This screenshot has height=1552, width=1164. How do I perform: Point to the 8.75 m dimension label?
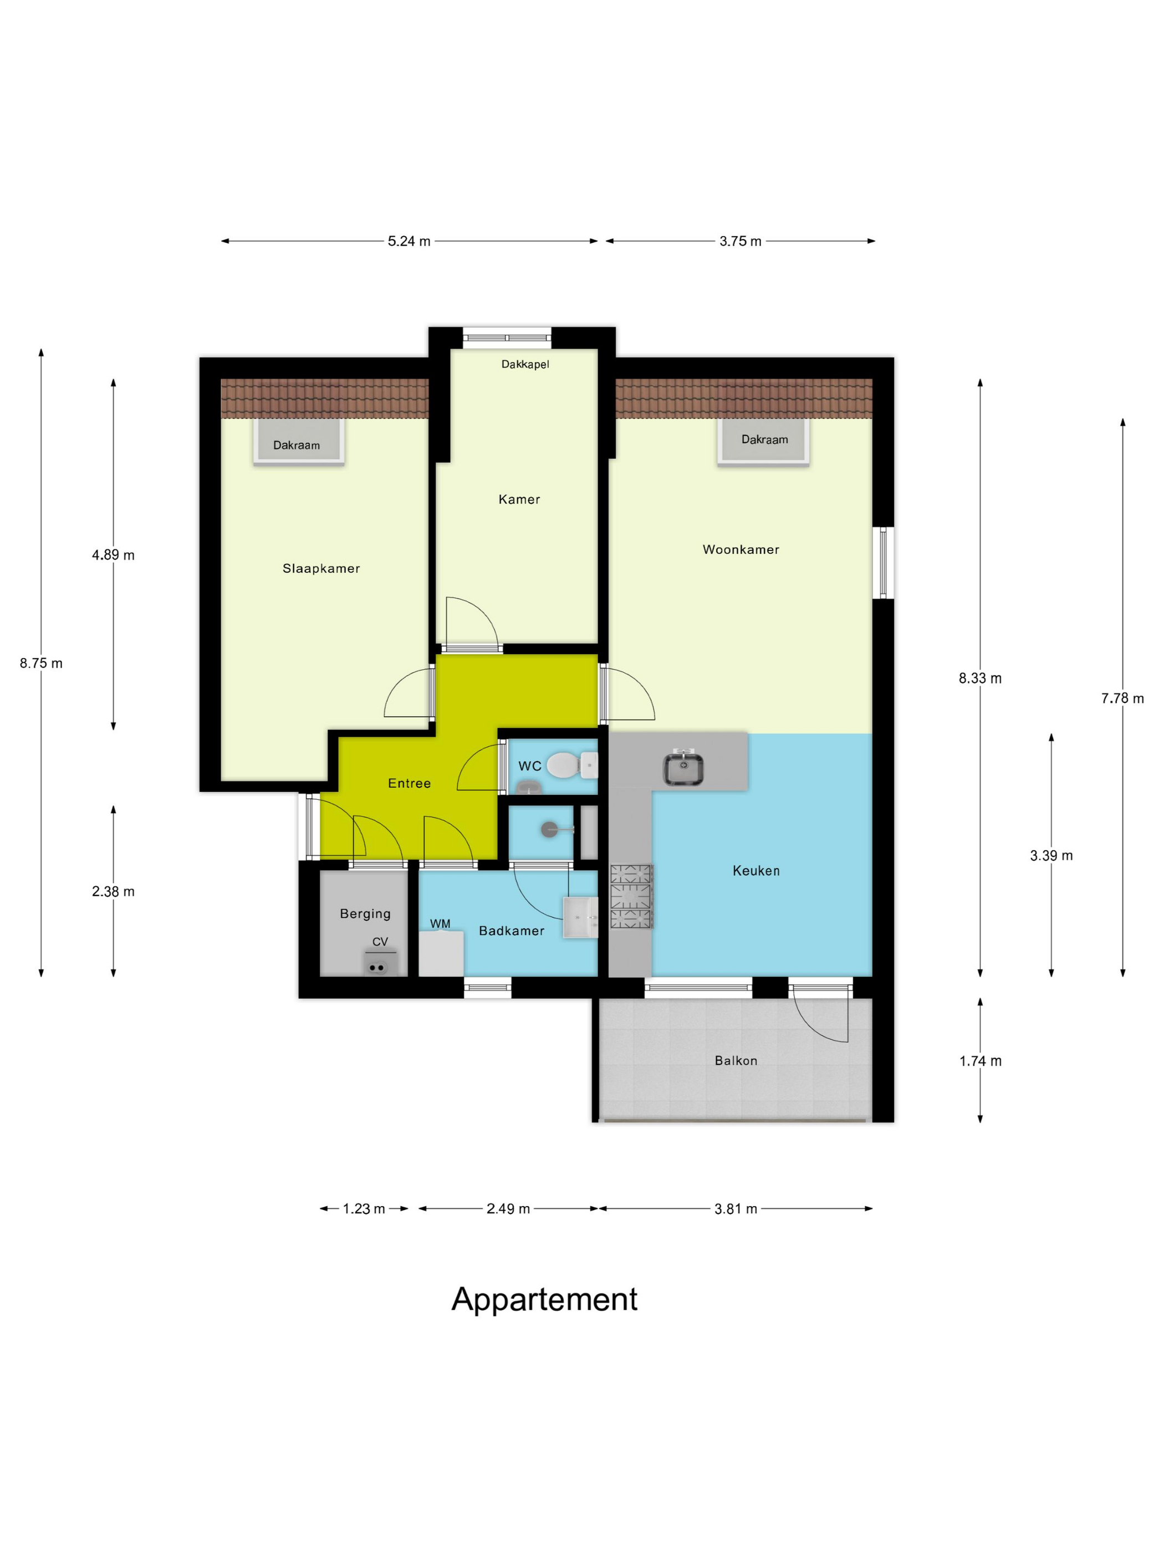pyautogui.click(x=42, y=663)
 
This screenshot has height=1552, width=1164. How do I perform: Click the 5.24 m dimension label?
pyautogui.click(x=409, y=241)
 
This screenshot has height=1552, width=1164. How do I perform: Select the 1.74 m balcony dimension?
pyautogui.click(x=980, y=1061)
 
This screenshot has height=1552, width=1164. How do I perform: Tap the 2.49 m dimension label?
pyautogui.click(x=508, y=1208)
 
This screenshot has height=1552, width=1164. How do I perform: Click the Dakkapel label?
pyautogui.click(x=525, y=364)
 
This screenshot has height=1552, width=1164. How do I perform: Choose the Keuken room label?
pyautogui.click(x=755, y=871)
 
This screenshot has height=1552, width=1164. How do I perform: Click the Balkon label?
pyautogui.click(x=736, y=1061)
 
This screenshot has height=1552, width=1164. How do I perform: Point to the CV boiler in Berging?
pyautogui.click(x=380, y=963)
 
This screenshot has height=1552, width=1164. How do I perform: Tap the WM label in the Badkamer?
pyautogui.click(x=441, y=923)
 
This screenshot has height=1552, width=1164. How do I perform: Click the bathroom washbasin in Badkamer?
pyautogui.click(x=581, y=917)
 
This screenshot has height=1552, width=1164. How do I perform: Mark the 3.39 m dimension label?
pyautogui.click(x=1051, y=855)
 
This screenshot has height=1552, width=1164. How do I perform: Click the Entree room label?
pyautogui.click(x=409, y=783)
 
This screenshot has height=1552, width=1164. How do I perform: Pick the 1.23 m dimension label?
pyautogui.click(x=364, y=1208)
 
